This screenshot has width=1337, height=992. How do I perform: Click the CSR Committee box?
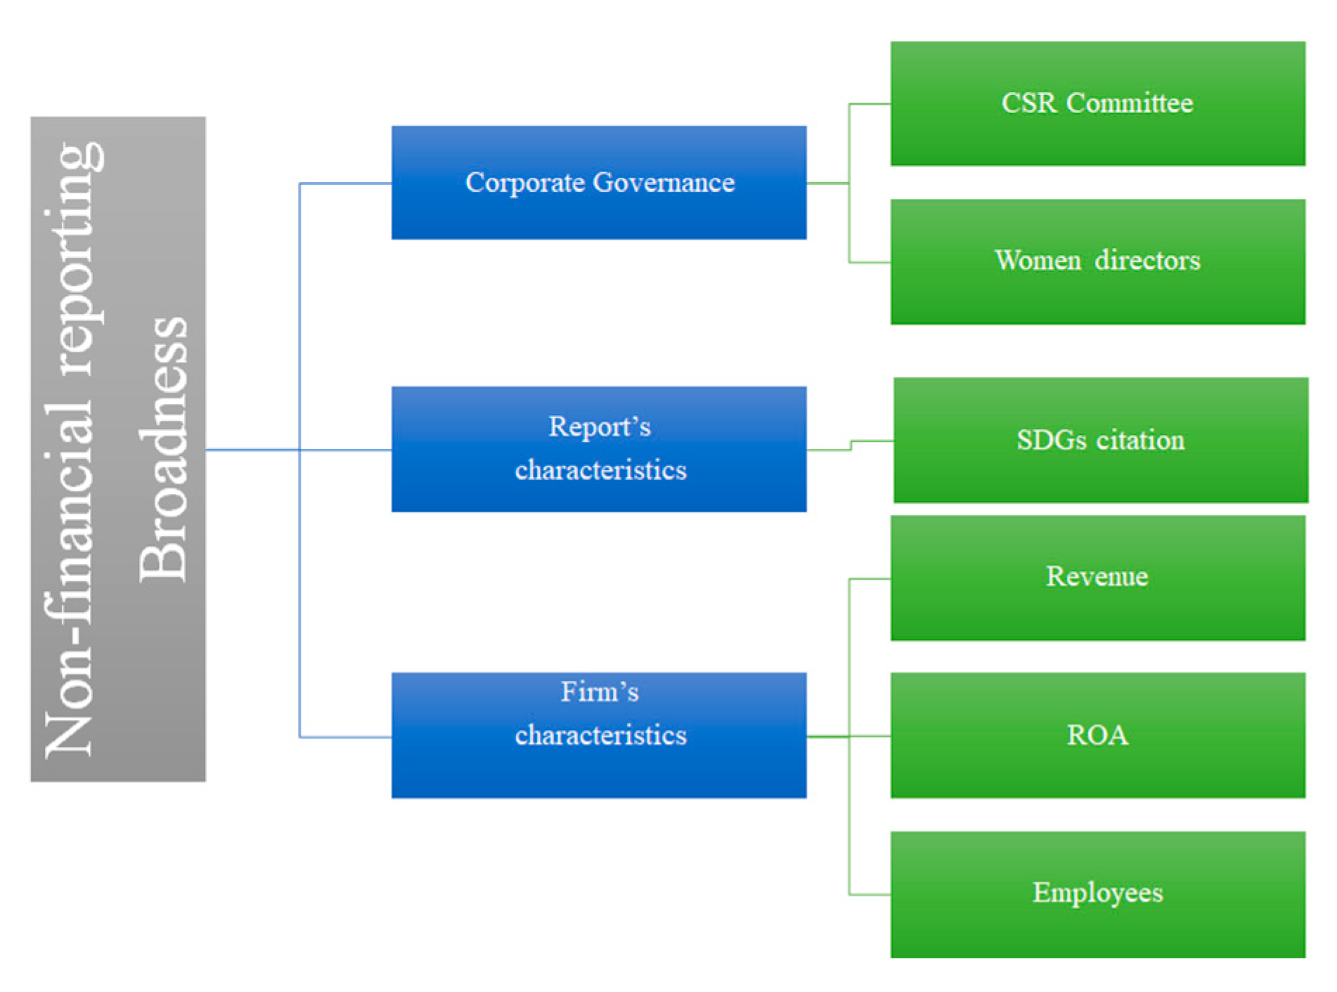pyautogui.click(x=1097, y=103)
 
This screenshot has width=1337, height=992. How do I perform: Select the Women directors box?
pyautogui.click(x=1097, y=261)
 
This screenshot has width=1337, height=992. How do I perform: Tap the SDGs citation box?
pyautogui.click(x=1101, y=440)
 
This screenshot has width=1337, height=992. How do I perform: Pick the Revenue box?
pyautogui.click(x=1097, y=577)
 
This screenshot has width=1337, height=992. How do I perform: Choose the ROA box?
pyautogui.click(x=1097, y=736)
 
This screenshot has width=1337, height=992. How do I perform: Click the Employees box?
pyautogui.click(x=1097, y=894)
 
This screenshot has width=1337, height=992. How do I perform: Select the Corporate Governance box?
pyautogui.click(x=599, y=183)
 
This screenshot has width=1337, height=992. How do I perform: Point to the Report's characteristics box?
pyautogui.click(x=599, y=449)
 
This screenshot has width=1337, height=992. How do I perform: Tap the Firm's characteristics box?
pyautogui.click(x=599, y=736)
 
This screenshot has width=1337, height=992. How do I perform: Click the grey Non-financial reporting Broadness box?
pyautogui.click(x=118, y=449)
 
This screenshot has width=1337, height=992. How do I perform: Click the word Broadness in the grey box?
pyautogui.click(x=162, y=450)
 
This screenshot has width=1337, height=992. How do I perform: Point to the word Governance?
pyautogui.click(x=664, y=183)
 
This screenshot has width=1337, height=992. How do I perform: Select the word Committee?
pyautogui.click(x=1130, y=103)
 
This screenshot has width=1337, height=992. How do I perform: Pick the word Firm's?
pyautogui.click(x=600, y=692)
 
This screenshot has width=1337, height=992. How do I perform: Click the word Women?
pyautogui.click(x=1038, y=261)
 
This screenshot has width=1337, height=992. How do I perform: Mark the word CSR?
pyautogui.click(x=1029, y=103)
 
